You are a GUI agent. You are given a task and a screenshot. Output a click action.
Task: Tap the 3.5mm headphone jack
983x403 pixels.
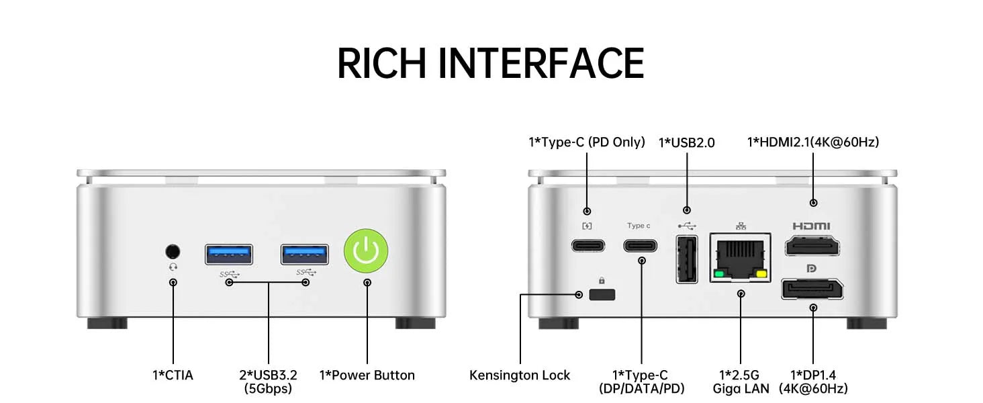click(173, 251)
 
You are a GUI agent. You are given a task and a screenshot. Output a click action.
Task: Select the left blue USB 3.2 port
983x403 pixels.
click(229, 254)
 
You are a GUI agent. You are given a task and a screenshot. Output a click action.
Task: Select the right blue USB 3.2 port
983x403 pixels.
click(305, 254)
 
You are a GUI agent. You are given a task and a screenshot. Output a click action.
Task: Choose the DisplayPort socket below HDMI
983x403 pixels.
click(812, 289)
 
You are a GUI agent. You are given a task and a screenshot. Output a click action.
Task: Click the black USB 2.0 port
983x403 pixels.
click(686, 259)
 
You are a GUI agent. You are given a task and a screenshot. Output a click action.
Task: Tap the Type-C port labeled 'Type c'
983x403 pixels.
click(641, 245)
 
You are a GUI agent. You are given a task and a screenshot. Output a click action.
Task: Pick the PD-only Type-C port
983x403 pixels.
click(588, 245)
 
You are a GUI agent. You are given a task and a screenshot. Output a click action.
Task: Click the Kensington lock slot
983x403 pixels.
click(602, 294)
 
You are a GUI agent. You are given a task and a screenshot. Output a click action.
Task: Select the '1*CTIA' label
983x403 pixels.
click(173, 375)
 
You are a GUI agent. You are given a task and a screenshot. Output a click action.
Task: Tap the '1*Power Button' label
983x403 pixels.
click(367, 375)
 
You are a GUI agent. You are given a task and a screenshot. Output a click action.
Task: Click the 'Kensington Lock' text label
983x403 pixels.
click(520, 375)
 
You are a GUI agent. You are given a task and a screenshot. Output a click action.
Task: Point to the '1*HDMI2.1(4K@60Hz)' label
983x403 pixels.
click(813, 142)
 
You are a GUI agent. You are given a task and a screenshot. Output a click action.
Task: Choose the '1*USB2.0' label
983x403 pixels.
click(686, 142)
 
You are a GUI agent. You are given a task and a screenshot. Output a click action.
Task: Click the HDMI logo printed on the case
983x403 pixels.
click(811, 226)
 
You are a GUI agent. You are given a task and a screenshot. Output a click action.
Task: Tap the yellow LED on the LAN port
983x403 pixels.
click(761, 274)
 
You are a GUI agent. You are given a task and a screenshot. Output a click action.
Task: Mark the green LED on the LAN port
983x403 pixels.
click(720, 274)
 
